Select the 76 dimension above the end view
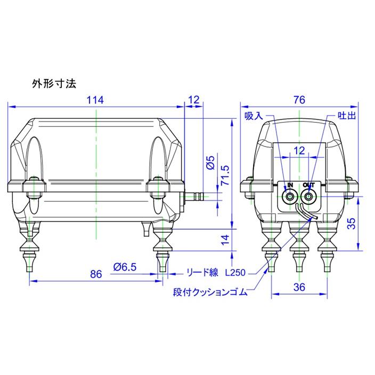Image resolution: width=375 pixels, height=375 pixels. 299,100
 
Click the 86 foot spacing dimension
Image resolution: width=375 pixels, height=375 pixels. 96,274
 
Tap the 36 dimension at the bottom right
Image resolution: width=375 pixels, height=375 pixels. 299,287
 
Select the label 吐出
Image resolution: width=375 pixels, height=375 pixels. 347,116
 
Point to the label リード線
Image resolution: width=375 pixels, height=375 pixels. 202,273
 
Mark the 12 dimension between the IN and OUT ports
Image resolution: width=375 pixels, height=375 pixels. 299,151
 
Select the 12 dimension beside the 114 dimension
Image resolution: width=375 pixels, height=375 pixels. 193,100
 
